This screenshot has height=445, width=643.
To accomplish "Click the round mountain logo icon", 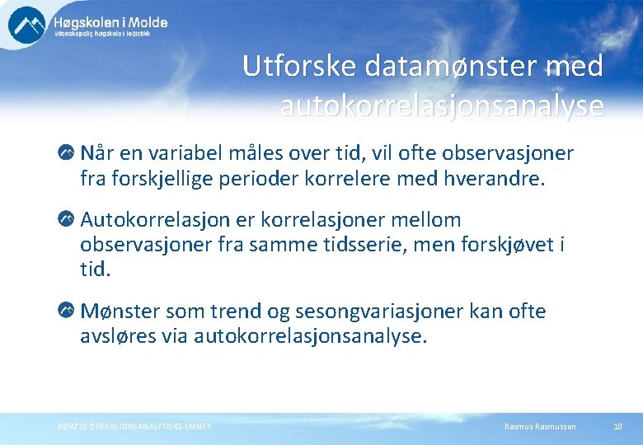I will (x=27, y=24).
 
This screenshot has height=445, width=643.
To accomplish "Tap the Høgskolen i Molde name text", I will (x=110, y=21).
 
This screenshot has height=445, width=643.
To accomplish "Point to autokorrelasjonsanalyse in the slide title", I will (x=442, y=105).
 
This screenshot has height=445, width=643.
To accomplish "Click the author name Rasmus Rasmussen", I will (x=539, y=426).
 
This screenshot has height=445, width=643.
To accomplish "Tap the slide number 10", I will (x=617, y=426).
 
